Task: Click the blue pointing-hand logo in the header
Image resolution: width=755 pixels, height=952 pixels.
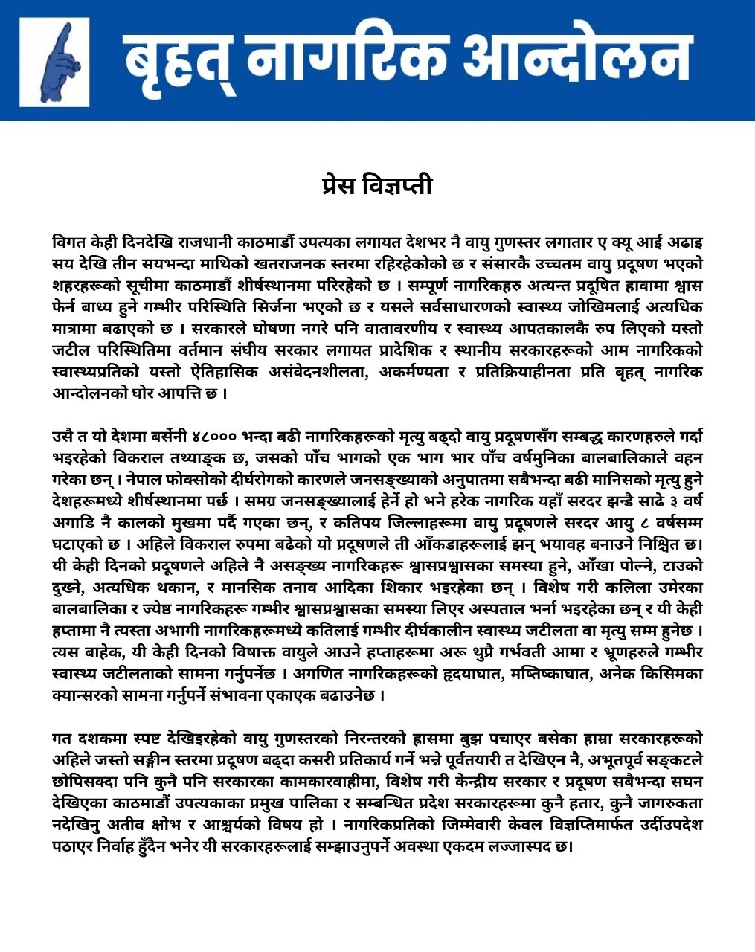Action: pos(54,61)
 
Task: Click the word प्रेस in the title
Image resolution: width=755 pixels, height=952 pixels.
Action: pos(339,184)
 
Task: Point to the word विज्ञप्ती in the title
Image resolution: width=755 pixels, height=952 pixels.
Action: pos(398,184)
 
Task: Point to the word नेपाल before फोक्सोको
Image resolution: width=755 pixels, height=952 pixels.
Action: pos(137,478)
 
